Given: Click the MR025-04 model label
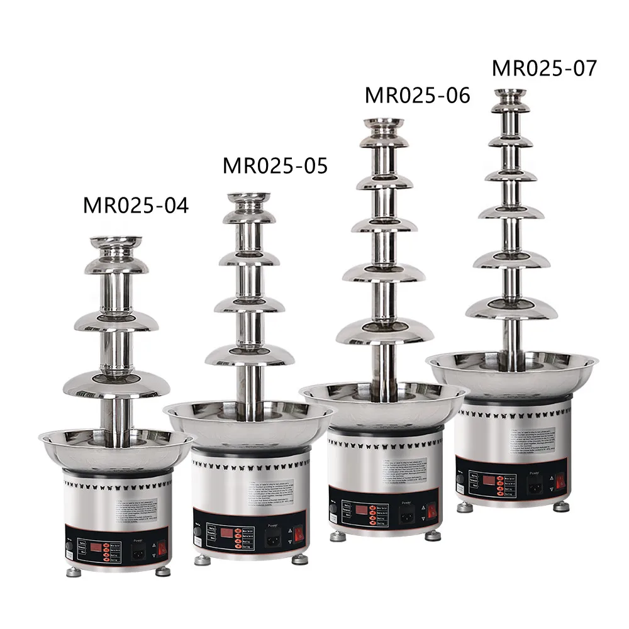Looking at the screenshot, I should pos(136,206).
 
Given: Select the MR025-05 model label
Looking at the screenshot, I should pos(275,166).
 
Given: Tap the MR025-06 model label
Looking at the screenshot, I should pos(417,95).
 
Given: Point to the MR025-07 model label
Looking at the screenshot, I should pos(543,68).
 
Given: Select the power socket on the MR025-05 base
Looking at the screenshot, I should pos(272,540).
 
